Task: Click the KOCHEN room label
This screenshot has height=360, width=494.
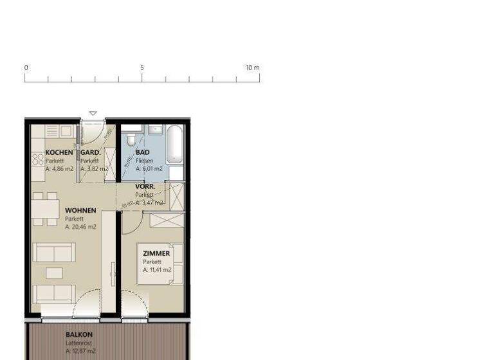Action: pos(59,152)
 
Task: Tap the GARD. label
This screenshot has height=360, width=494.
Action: pos(90,152)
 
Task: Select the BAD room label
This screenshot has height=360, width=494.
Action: pos(143,152)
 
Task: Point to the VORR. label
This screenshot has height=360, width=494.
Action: pos(145,186)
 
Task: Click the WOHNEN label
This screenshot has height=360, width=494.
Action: pos(80,210)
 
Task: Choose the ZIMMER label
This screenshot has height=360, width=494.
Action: pos(156,253)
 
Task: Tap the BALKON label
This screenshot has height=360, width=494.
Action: pos(79,334)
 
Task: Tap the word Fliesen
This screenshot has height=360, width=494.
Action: pos(145,161)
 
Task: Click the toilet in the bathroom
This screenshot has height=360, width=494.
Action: pos(131,139)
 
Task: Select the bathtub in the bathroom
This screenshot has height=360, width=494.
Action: pos(176,145)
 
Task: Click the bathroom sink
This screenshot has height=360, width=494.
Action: pos(155,130)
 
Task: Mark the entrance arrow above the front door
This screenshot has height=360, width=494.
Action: pos(93,114)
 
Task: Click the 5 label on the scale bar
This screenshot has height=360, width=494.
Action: pos(142,67)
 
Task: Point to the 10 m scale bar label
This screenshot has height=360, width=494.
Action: pos(252,67)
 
